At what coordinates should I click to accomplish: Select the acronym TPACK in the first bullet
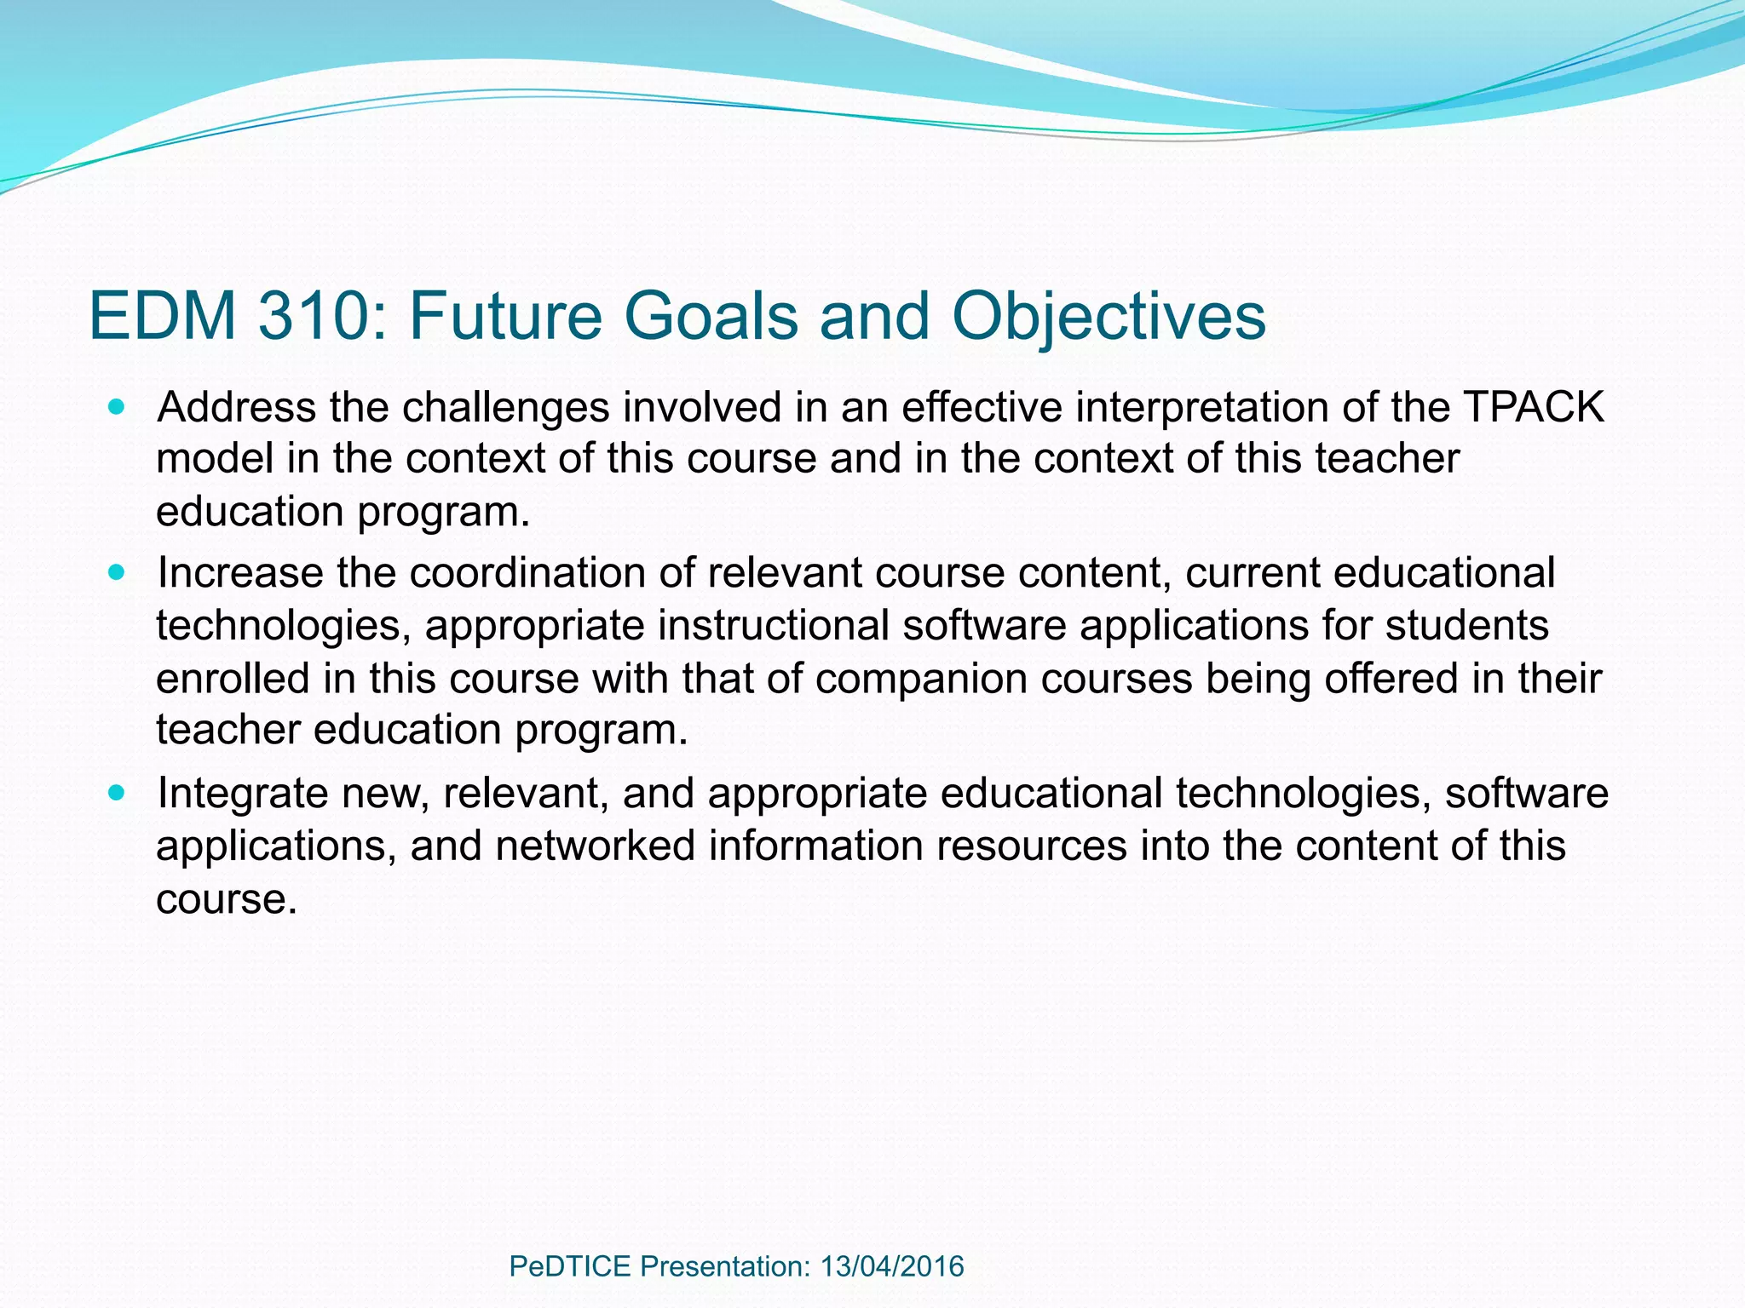pos(1533,407)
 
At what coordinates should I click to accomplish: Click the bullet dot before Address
pos(117,407)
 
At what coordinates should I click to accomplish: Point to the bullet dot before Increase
pos(117,572)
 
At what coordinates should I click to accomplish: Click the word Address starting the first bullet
pos(237,407)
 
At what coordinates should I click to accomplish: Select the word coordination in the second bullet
pos(537,572)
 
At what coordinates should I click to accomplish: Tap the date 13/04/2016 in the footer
pos(891,1266)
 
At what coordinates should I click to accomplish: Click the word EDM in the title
pos(162,316)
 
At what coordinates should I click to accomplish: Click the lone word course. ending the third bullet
pos(227,899)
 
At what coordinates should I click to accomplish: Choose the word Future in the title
pos(504,316)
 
